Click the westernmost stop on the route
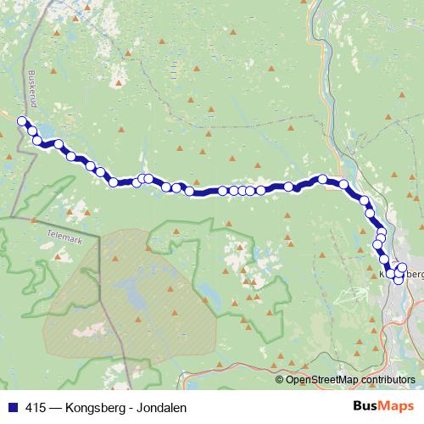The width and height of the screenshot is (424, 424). (22, 121)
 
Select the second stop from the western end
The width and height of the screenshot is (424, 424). (32, 131)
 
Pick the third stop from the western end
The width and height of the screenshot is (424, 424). (37, 140)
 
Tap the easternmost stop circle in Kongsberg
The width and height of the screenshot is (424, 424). (403, 268)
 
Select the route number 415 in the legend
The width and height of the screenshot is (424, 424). (35, 408)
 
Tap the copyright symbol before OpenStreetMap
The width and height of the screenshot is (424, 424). (281, 380)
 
